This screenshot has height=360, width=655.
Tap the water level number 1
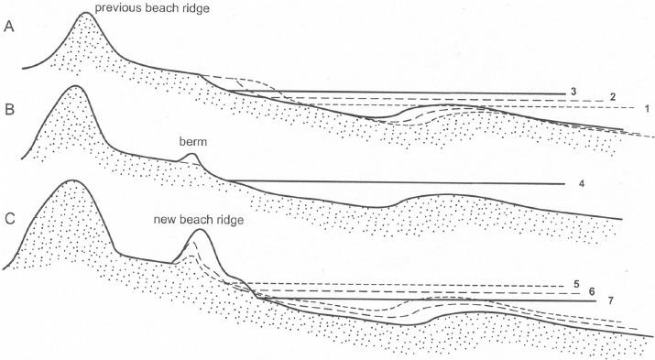(647, 109)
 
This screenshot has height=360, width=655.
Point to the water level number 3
(571, 91)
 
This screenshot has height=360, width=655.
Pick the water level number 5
(575, 283)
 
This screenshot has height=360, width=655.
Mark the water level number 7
(610, 300)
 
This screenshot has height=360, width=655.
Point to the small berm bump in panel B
(191, 157)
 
